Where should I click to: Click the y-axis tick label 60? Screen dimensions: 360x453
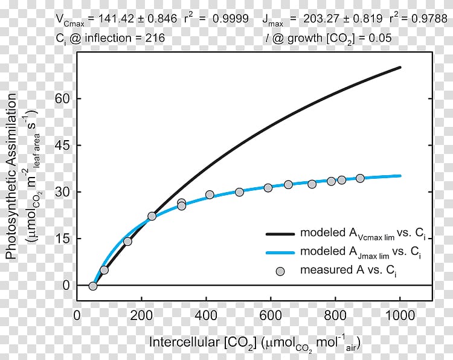[62, 98]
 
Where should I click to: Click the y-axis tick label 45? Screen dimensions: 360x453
[62, 145]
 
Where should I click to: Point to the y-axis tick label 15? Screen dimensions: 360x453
[62, 239]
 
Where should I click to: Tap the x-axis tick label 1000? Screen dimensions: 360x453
[400, 316]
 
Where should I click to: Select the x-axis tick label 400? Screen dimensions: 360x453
[206, 316]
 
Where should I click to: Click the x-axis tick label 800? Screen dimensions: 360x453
[335, 316]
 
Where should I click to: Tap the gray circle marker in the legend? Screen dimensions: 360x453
[280, 271]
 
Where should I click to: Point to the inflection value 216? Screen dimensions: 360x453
[155, 38]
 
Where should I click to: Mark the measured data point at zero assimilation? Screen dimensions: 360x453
[92, 286]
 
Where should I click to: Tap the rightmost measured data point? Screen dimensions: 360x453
[360, 178]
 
